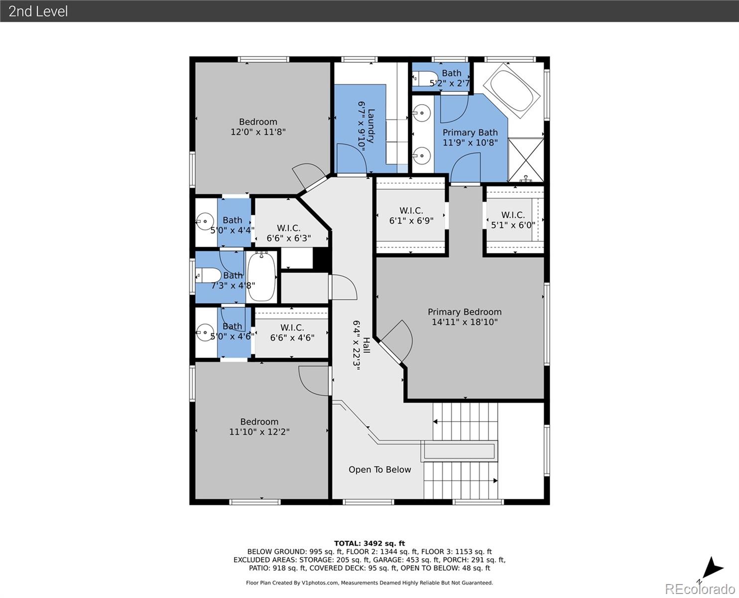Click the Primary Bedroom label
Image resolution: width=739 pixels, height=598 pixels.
click(465, 312)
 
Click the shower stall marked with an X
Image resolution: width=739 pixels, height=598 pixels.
click(525, 160)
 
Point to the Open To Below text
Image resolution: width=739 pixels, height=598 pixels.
click(379, 469)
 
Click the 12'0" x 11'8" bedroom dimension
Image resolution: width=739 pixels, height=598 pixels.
click(258, 132)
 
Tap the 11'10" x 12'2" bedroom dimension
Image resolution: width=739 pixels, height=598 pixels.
click(259, 432)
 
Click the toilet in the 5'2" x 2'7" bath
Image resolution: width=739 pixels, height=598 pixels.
click(424, 79)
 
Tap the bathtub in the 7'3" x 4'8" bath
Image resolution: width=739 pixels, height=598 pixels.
click(261, 276)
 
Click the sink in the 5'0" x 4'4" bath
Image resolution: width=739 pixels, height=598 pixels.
click(204, 220)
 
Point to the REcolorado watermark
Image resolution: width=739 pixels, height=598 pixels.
click(699, 589)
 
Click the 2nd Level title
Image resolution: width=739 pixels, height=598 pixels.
click(38, 11)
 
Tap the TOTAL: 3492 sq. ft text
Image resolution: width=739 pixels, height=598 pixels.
click(369, 543)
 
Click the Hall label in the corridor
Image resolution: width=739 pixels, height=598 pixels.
click(366, 345)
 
